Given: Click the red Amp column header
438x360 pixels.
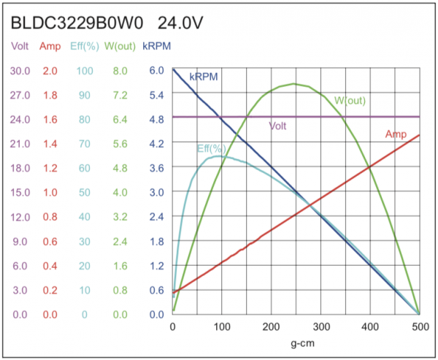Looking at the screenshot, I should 50,47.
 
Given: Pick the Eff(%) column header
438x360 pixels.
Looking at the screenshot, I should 84,47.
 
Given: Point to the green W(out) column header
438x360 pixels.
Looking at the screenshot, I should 120,47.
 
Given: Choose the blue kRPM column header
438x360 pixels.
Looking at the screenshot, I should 157,47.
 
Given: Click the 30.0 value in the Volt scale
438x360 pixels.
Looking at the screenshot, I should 20,70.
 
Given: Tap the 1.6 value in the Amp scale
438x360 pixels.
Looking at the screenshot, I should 50,119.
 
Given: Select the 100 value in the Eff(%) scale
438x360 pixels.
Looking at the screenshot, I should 84,70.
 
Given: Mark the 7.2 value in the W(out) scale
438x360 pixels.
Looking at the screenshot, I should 120,95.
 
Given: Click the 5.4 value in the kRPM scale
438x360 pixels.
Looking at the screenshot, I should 157,95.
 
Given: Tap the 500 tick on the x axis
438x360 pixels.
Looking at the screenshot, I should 419,326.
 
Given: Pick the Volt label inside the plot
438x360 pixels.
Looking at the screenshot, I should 277,126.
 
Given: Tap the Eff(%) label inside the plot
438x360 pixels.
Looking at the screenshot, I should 211,148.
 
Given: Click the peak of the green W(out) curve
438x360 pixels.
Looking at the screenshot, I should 295,83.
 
